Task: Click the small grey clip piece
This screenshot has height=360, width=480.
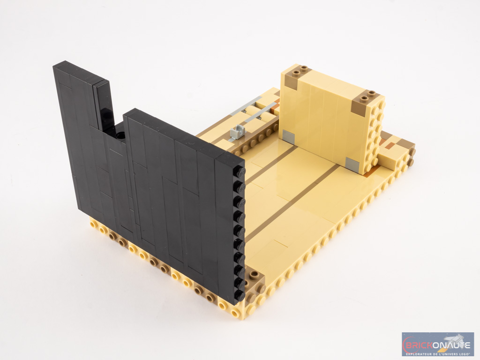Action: tap(236, 132)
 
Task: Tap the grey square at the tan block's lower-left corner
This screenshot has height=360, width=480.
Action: tap(288, 136)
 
